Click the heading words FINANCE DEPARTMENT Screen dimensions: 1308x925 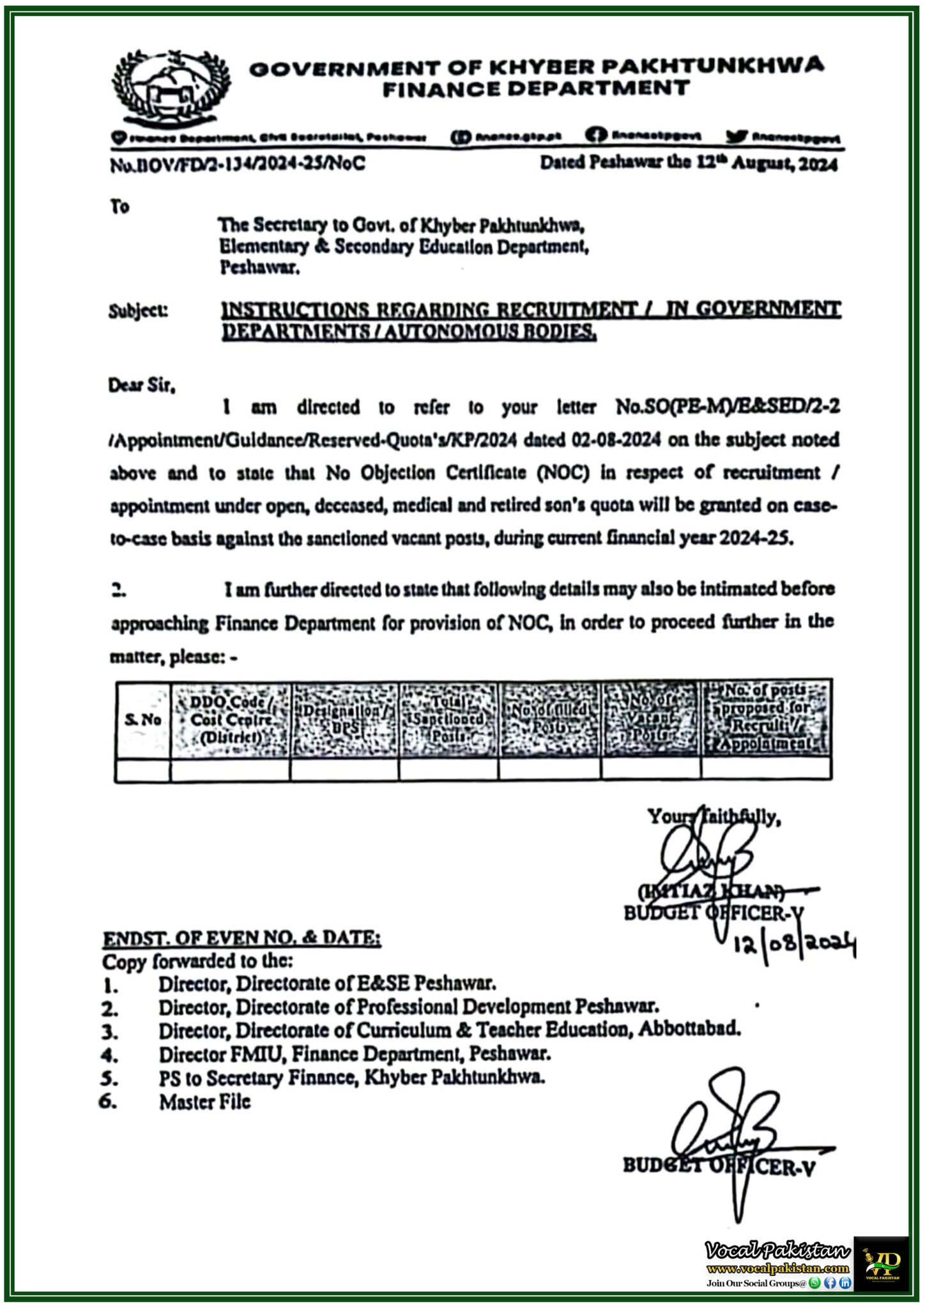click(535, 89)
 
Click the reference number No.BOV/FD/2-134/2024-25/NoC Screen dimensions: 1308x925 click(238, 164)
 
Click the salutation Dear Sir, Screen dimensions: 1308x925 click(141, 386)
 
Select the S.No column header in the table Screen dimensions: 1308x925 click(142, 720)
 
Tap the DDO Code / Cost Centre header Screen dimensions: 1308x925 click(231, 720)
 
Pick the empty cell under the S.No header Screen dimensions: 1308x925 click(142, 769)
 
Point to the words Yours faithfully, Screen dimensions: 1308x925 click(713, 817)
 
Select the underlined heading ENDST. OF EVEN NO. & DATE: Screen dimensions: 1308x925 click(242, 938)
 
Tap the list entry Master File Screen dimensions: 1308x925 click(205, 1102)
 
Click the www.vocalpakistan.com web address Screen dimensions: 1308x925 click(777, 1268)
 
